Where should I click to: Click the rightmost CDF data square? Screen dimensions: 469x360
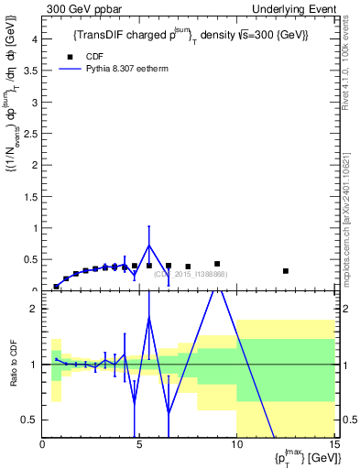286,271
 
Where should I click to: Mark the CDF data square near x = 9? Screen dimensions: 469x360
217,264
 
